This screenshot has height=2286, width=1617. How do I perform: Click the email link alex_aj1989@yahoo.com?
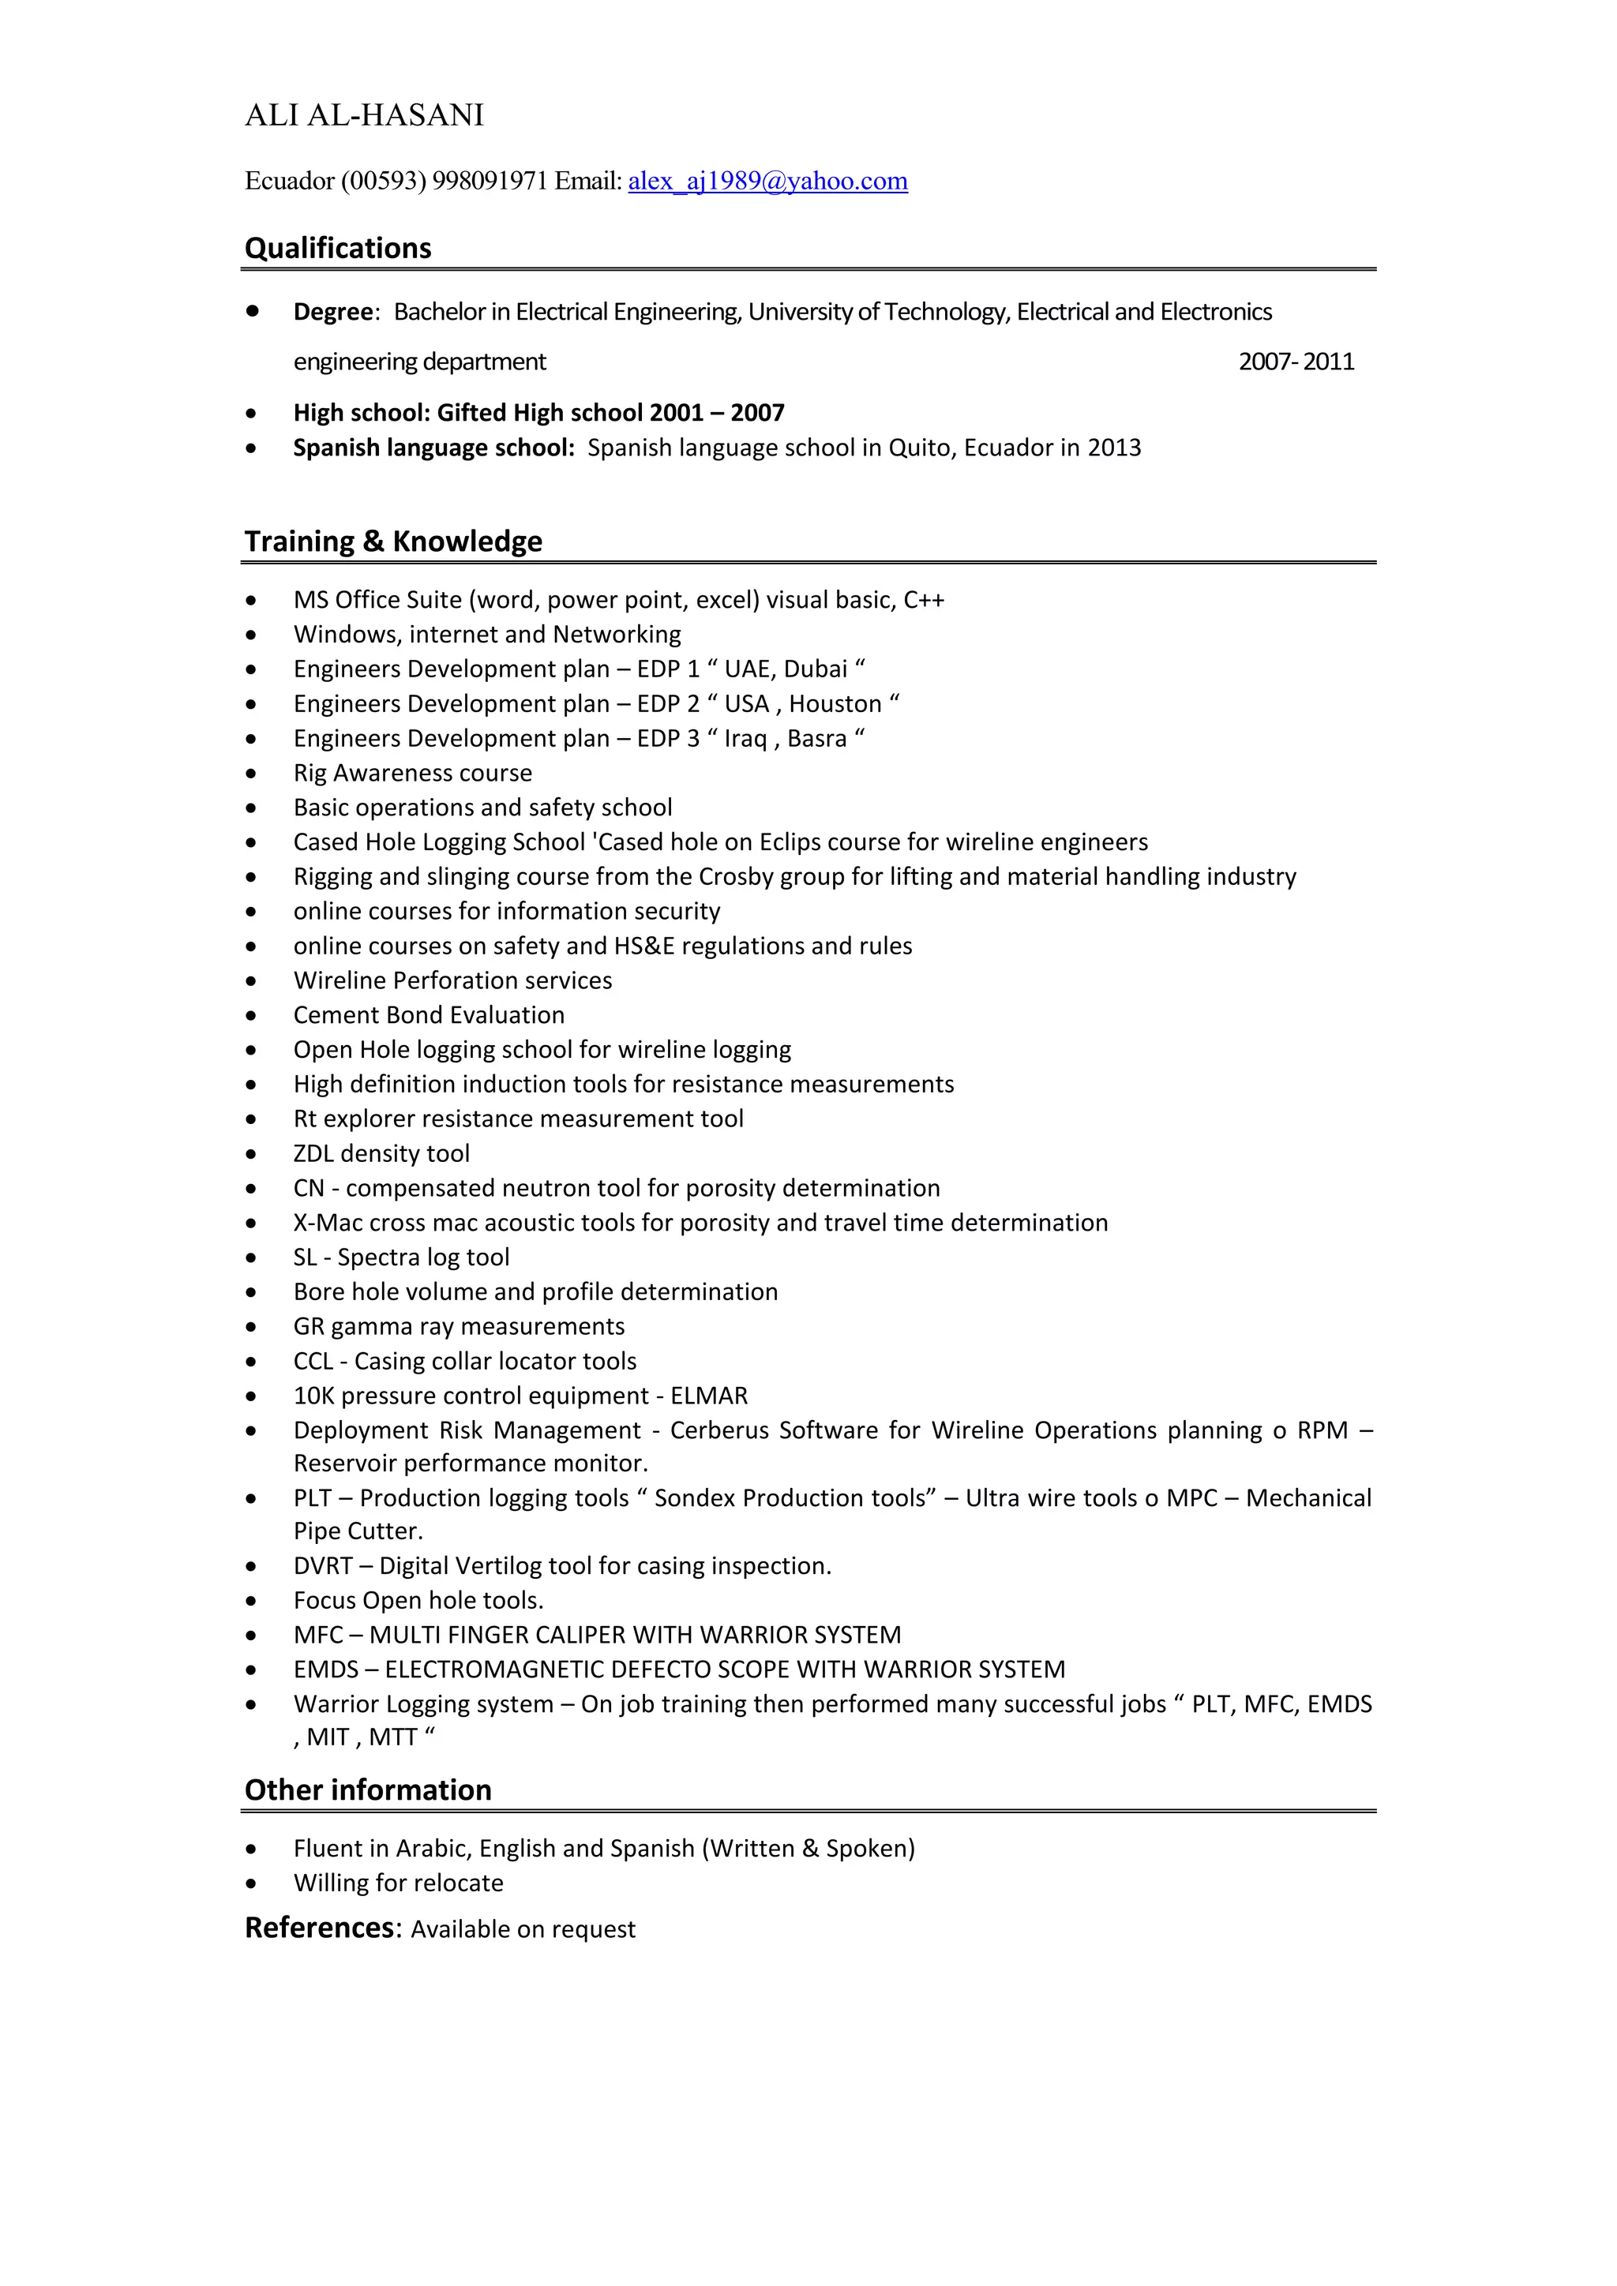tap(767, 182)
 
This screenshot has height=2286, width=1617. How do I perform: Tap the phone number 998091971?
tap(490, 182)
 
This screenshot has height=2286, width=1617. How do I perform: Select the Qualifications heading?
tap(338, 248)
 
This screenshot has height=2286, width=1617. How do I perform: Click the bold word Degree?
tap(332, 312)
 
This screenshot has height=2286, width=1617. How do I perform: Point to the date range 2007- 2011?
tap(1296, 362)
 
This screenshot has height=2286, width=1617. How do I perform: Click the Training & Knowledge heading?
tap(393, 541)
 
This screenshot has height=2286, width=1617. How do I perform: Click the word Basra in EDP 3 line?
tap(816, 739)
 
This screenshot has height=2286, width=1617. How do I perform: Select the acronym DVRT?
tap(323, 1566)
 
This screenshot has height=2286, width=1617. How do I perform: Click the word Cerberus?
tap(720, 1431)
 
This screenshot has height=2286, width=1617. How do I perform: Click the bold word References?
tap(320, 1928)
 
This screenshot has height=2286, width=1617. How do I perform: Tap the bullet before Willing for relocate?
tap(252, 1883)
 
